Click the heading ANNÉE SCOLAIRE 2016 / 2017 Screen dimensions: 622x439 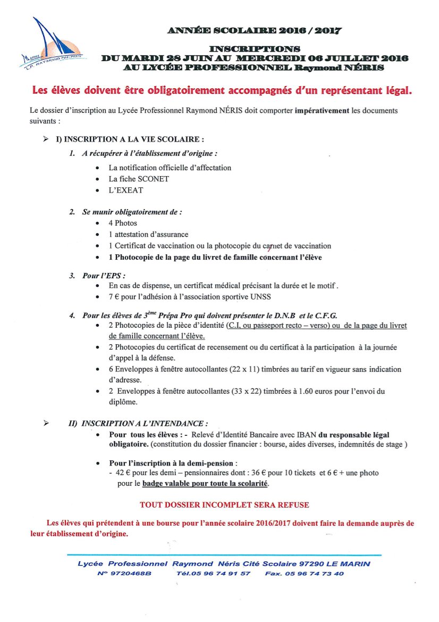[x=254, y=31]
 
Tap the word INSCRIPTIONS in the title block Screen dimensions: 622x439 [x=255, y=49]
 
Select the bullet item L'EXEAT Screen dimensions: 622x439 [x=126, y=190]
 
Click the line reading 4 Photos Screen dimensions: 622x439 [x=123, y=223]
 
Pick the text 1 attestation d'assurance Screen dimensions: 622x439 [x=148, y=234]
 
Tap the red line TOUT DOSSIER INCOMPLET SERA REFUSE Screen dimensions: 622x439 [x=224, y=504]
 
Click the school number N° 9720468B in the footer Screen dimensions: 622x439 [x=124, y=574]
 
